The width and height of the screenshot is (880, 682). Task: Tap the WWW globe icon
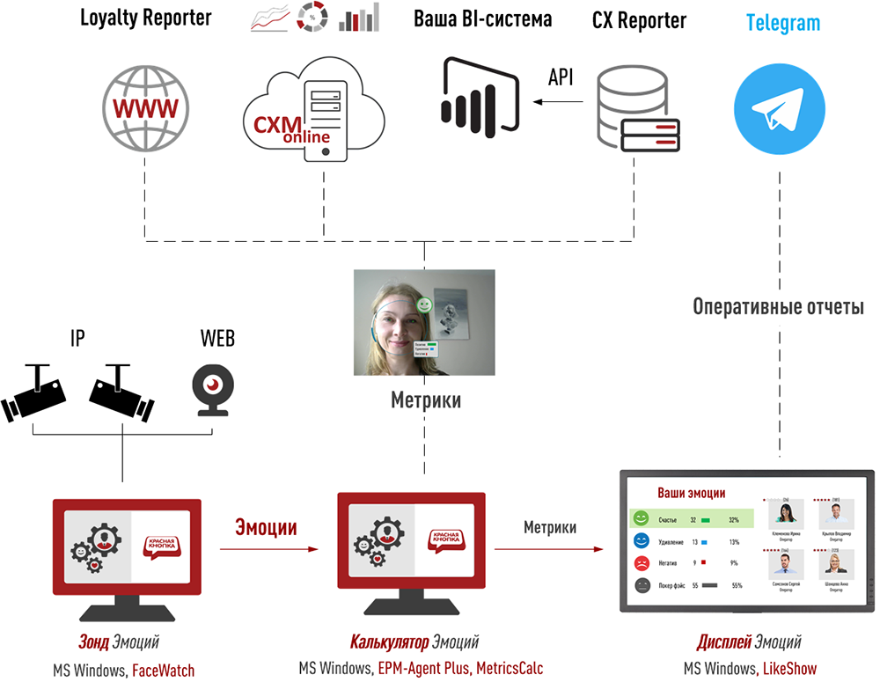pyautogui.click(x=143, y=108)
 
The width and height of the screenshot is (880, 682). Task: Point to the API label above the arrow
pyautogui.click(x=561, y=77)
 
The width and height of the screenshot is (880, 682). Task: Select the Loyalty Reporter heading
pyautogui.click(x=145, y=18)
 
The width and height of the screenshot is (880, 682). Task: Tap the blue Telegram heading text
pyautogui.click(x=782, y=23)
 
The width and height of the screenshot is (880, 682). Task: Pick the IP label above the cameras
pyautogui.click(x=77, y=338)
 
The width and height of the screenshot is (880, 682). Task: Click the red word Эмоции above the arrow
pyautogui.click(x=266, y=527)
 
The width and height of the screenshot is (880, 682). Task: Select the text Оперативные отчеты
pyautogui.click(x=779, y=307)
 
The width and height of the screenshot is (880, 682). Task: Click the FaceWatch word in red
pyautogui.click(x=163, y=671)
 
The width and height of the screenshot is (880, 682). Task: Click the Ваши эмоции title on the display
pyautogui.click(x=692, y=494)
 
